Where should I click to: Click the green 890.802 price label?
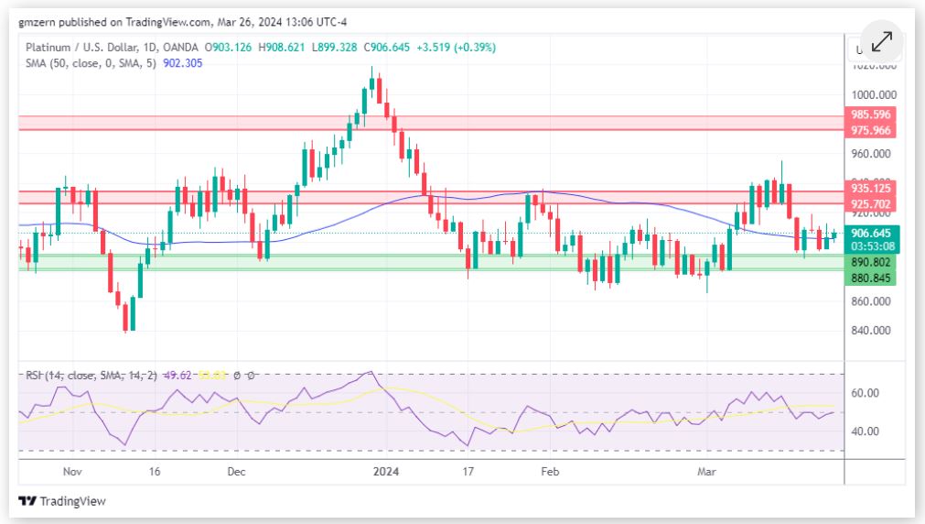(870, 262)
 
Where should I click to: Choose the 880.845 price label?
(870, 276)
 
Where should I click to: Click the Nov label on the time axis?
(74, 472)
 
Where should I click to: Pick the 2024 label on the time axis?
(387, 472)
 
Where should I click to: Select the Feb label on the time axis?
(549, 472)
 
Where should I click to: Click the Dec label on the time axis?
(236, 472)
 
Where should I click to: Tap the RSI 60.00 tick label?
(866, 393)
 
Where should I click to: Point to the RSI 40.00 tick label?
(866, 431)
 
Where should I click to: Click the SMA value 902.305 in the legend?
(184, 63)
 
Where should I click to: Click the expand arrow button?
(882, 42)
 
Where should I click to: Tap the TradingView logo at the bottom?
(62, 501)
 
